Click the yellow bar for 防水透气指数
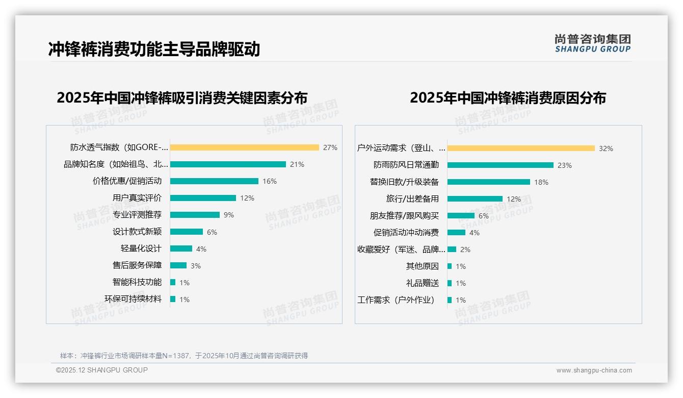tap(244, 147)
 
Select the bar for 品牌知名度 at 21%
tap(228, 164)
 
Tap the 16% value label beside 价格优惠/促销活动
tap(270, 181)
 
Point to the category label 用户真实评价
tap(137, 198)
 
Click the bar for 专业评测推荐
tap(195, 215)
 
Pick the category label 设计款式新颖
tap(137, 232)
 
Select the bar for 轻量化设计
tap(181, 248)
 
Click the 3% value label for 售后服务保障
tap(196, 266)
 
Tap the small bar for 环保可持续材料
tap(173, 299)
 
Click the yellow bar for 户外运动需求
tap(521, 148)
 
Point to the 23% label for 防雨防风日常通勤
tap(565, 165)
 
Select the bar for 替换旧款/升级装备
tap(488, 182)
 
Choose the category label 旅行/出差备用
tap(412, 199)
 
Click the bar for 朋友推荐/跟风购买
tap(461, 216)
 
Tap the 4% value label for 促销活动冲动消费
tap(475, 233)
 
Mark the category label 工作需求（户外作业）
tap(396, 300)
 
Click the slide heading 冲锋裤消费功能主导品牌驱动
tap(154, 49)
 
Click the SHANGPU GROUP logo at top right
tap(592, 43)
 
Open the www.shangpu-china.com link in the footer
tap(594, 370)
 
